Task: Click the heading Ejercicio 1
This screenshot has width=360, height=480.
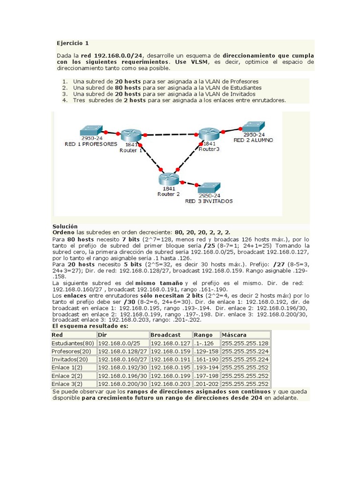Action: pyautogui.click(x=73, y=43)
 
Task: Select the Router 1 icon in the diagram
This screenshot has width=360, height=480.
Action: pyautogui.click(x=131, y=135)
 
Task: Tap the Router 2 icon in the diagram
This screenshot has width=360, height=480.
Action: pyautogui.click(x=168, y=179)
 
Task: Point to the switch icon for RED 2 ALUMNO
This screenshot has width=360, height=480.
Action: pyautogui.click(x=253, y=126)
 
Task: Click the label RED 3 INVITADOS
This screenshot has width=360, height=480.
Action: pyautogui.click(x=209, y=201)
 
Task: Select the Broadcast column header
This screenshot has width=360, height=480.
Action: pyautogui.click(x=165, y=335)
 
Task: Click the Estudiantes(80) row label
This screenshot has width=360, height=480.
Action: pyautogui.click(x=73, y=343)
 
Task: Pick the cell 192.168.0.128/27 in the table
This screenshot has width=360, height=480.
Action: pyautogui.click(x=123, y=351)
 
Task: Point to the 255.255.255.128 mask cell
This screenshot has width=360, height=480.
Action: pyautogui.click(x=245, y=343)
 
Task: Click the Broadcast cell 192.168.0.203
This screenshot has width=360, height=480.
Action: pyautogui.click(x=171, y=383)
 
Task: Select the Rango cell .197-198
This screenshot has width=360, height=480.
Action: pyautogui.click(x=206, y=375)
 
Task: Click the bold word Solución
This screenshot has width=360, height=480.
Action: pyautogui.click(x=65, y=226)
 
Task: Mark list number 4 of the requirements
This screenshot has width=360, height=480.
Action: pyautogui.click(x=65, y=100)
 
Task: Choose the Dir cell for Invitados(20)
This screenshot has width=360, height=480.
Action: pyautogui.click(x=123, y=360)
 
